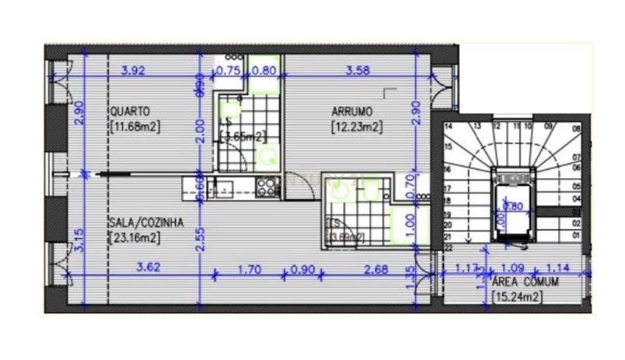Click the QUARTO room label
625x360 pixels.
click(x=129, y=111)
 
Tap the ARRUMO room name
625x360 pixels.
click(x=352, y=111)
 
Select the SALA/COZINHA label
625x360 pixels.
click(x=146, y=222)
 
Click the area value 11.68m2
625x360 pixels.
click(x=135, y=127)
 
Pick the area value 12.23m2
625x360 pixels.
click(x=357, y=127)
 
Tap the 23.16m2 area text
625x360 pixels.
click(x=135, y=237)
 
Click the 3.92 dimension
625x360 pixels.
click(x=133, y=71)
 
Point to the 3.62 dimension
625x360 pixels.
click(x=148, y=269)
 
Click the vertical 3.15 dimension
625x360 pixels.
click(x=78, y=240)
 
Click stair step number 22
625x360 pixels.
click(x=449, y=247)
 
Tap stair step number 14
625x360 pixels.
click(x=449, y=125)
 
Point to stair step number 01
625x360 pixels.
click(x=576, y=235)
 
